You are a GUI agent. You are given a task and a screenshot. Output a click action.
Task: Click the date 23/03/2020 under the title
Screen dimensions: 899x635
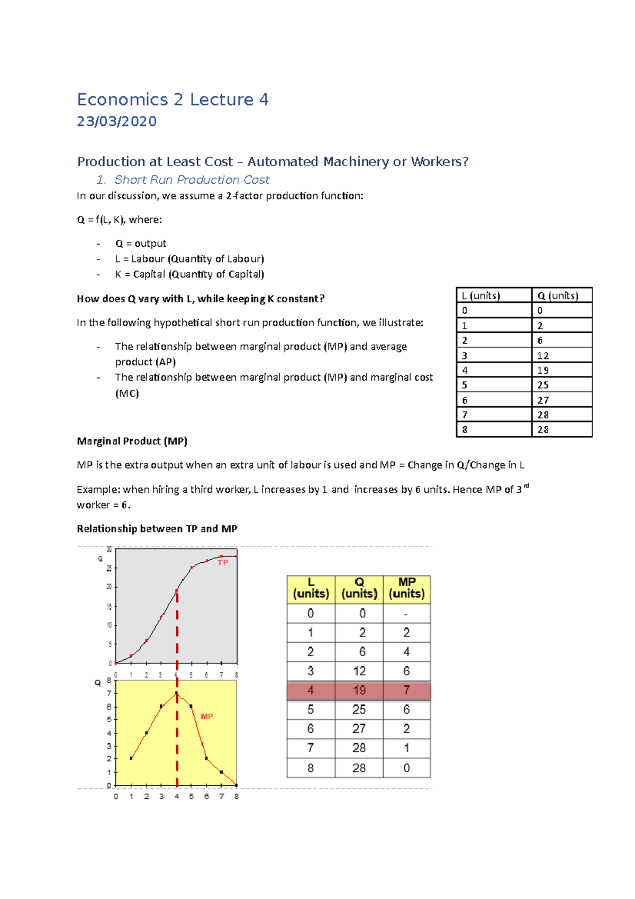click(x=116, y=122)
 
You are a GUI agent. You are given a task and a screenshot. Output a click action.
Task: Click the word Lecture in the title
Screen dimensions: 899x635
click(x=222, y=100)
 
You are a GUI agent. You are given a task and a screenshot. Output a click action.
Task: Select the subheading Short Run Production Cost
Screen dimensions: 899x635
click(x=192, y=180)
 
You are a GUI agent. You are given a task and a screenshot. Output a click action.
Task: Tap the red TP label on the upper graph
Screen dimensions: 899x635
click(x=223, y=562)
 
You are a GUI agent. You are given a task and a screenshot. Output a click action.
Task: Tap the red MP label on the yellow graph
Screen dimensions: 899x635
click(x=206, y=716)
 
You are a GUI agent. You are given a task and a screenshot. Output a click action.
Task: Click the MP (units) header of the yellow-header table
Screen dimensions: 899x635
click(x=406, y=588)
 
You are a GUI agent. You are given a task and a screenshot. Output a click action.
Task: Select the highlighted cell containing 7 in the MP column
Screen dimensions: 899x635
click(x=406, y=690)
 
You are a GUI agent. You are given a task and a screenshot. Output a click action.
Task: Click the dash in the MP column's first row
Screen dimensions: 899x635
click(x=406, y=614)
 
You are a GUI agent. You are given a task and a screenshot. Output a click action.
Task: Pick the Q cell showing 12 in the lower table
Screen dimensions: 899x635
click(x=359, y=671)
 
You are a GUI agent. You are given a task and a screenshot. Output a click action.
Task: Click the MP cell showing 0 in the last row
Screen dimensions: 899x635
click(x=406, y=768)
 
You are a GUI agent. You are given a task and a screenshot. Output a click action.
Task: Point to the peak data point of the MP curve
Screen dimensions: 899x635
click(x=177, y=693)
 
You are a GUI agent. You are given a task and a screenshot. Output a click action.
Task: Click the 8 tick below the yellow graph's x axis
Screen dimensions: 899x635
click(x=236, y=796)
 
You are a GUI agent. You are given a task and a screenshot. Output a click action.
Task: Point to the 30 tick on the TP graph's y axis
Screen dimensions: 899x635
click(x=109, y=550)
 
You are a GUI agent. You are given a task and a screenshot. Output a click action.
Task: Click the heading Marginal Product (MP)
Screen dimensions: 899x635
click(x=132, y=441)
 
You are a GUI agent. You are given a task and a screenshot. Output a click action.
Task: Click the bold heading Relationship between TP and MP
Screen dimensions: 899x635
click(x=157, y=528)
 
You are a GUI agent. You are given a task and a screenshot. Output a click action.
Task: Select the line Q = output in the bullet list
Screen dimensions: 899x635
click(x=140, y=244)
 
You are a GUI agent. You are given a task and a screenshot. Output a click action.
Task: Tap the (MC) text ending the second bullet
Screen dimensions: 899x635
click(x=127, y=393)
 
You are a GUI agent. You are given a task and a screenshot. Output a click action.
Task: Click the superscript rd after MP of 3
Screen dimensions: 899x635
click(x=527, y=486)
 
